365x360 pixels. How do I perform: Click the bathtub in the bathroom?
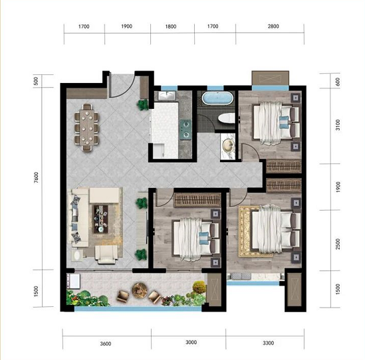point(217,98)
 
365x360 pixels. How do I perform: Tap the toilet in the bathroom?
point(226,118)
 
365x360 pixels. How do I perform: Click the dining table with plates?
point(86,128)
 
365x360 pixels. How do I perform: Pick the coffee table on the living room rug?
point(100,219)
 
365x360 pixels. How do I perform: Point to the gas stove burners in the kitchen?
point(185,130)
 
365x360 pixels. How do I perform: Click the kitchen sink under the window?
point(167,96)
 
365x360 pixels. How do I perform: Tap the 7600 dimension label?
point(37,177)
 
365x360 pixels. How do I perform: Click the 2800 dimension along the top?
point(273,27)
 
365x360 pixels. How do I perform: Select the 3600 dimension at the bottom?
point(106,343)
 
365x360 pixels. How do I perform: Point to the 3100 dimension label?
point(338,125)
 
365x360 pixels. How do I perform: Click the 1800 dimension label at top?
point(171,27)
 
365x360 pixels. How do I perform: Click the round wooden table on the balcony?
point(140,290)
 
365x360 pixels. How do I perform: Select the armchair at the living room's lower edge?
point(106,255)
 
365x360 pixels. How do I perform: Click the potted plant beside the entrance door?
point(143,105)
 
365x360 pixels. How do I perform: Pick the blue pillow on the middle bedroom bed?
point(203,237)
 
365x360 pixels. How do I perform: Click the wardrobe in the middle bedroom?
point(197,200)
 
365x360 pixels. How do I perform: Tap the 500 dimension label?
point(36,81)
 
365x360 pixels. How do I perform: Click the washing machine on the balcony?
point(73,281)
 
